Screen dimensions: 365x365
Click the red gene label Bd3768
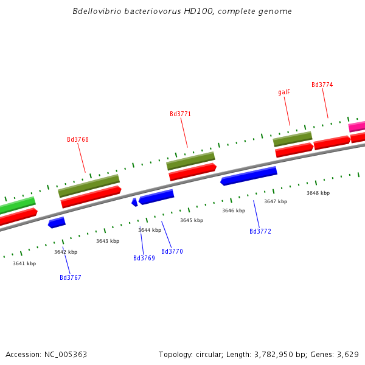tap(78, 140)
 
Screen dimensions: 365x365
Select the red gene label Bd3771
tap(180, 114)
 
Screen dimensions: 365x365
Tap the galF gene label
tap(284, 92)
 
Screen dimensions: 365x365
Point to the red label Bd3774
tap(322, 85)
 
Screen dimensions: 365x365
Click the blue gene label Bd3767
tap(71, 278)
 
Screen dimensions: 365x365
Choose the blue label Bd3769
tap(144, 259)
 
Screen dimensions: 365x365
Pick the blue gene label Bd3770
tap(172, 252)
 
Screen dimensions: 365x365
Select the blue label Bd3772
tap(260, 232)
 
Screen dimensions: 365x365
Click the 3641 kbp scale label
tap(24, 263)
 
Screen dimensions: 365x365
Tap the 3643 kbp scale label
tap(108, 242)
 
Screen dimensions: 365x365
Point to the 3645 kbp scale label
tap(192, 221)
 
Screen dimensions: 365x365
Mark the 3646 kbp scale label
tap(234, 211)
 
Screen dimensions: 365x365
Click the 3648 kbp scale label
tap(318, 193)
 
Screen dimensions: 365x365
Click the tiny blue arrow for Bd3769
tap(134, 203)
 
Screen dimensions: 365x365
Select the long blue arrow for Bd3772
tap(249, 176)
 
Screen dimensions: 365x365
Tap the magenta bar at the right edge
tap(357, 127)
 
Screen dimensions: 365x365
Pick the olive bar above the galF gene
tap(292, 139)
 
